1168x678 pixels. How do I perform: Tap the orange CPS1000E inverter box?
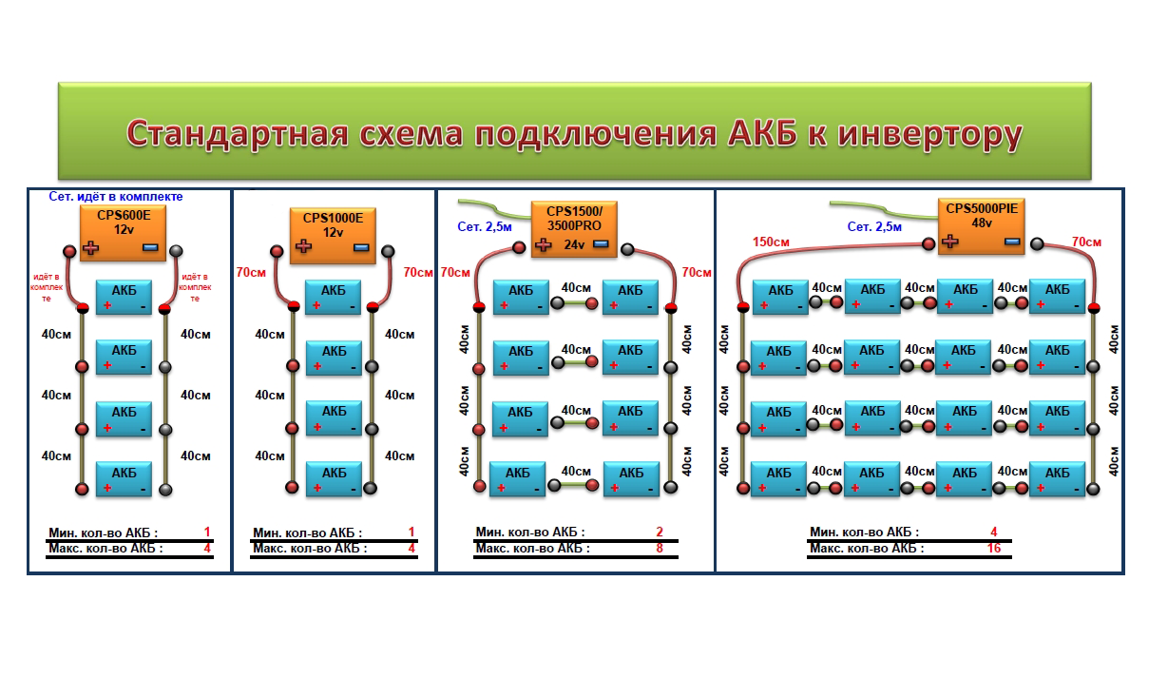pos(332,232)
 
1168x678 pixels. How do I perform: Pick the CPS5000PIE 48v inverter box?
pos(980,225)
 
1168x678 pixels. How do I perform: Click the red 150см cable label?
pos(771,242)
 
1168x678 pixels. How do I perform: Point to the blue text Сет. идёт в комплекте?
pos(115,197)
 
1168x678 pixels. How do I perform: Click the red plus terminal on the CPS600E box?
pos(91,248)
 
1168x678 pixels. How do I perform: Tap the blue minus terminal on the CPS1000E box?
pos(360,247)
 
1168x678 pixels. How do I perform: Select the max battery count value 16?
pos(994,549)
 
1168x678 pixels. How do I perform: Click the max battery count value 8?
pos(660,549)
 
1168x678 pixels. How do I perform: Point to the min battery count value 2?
pos(660,533)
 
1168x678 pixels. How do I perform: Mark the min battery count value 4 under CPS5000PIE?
pos(994,533)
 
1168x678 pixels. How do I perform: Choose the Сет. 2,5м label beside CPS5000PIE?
pos(875,226)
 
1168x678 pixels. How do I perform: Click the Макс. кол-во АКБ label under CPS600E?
pos(105,549)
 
